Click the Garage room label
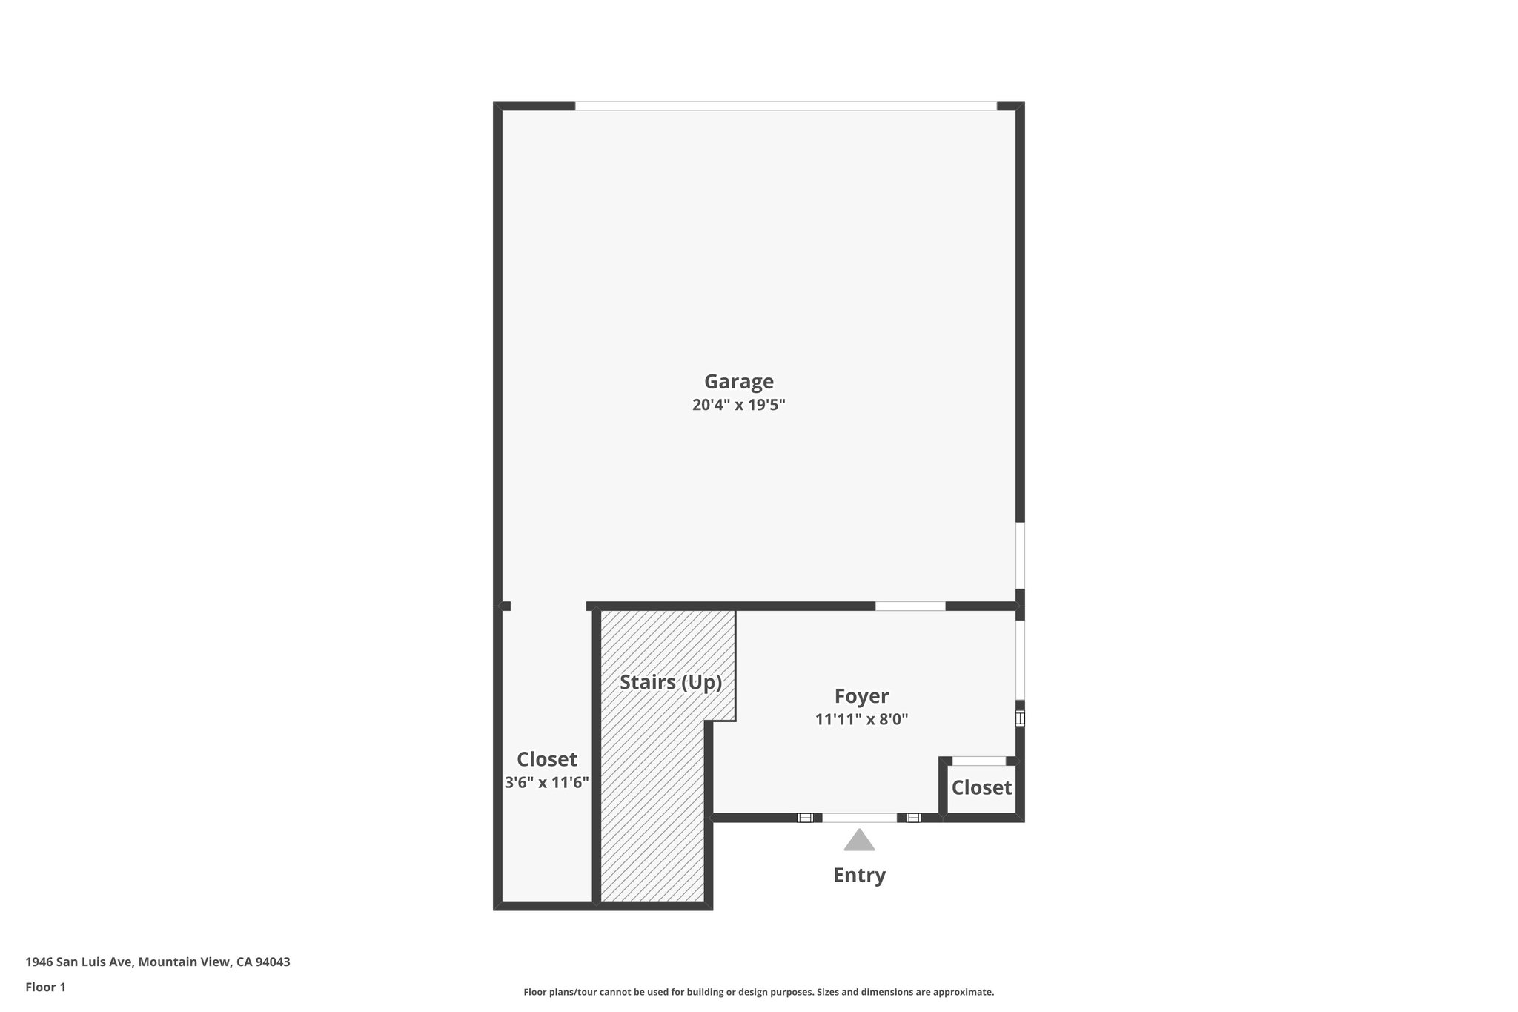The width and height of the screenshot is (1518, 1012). click(738, 381)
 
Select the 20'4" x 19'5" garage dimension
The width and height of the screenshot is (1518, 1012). click(738, 405)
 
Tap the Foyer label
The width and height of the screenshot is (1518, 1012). click(861, 696)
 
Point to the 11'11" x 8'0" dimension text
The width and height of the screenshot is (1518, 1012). click(861, 719)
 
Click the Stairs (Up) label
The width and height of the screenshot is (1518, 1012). click(671, 682)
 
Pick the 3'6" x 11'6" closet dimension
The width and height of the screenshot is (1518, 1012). click(547, 782)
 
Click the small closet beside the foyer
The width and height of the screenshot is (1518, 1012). click(981, 787)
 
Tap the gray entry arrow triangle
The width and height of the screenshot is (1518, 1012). click(859, 841)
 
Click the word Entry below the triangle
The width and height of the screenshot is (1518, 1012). click(859, 876)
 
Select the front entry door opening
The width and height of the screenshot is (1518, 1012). click(859, 818)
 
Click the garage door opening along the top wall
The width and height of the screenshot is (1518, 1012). click(786, 106)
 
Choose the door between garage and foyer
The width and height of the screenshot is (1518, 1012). click(910, 606)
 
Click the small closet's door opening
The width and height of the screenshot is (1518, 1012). click(978, 761)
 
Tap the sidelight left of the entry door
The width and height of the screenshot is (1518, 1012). click(805, 818)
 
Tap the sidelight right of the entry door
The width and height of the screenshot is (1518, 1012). click(913, 818)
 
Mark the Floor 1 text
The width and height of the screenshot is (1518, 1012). click(45, 987)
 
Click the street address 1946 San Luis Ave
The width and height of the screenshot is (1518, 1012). click(79, 962)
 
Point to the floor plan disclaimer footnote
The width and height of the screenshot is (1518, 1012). click(758, 992)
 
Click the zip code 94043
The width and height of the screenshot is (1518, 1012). click(273, 962)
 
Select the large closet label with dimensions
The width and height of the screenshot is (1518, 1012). click(547, 760)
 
